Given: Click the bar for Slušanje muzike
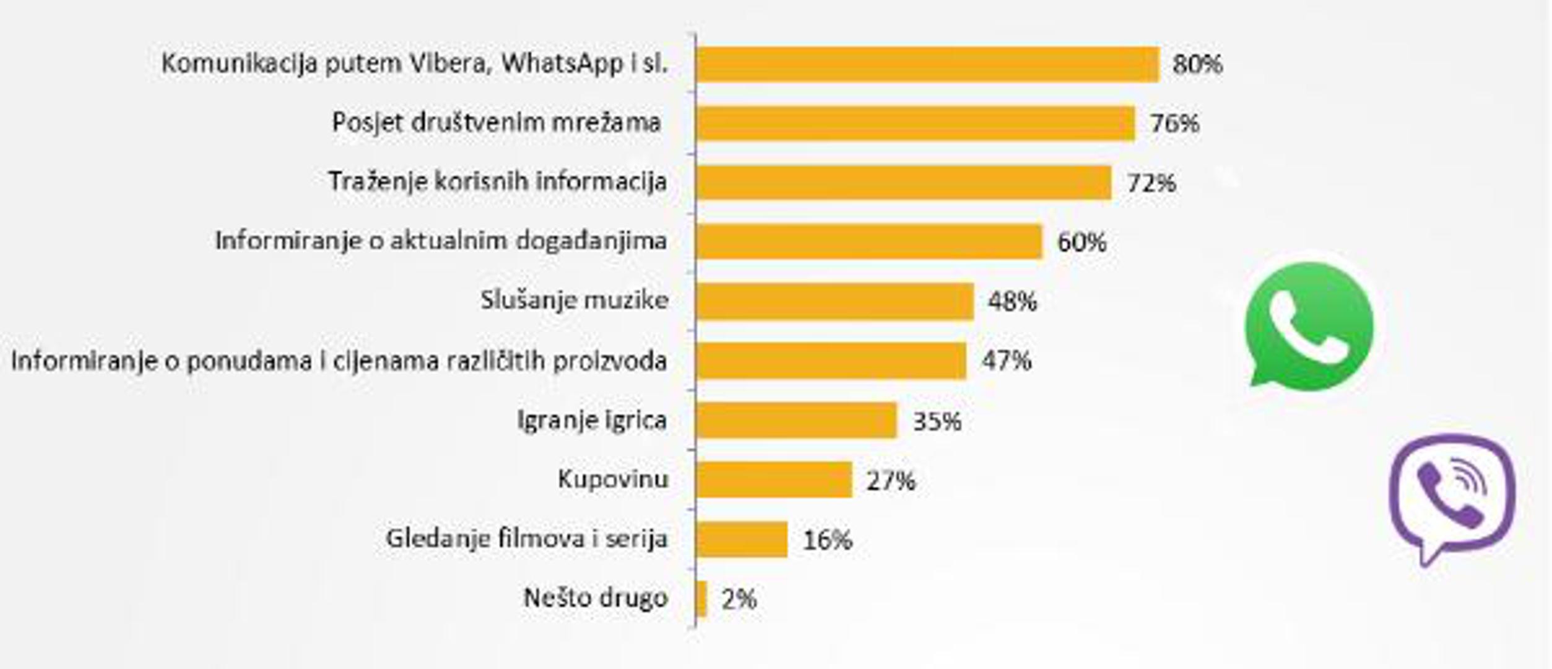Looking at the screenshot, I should (835, 301).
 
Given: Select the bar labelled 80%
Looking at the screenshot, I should (927, 64).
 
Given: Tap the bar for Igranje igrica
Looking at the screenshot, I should (796, 420).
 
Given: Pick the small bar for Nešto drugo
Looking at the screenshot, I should (701, 598).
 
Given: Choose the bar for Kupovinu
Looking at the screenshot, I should (774, 479).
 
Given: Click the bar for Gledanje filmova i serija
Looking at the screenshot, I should (742, 539).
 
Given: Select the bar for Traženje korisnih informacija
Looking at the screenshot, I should (903, 183).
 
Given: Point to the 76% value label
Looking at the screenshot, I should (1174, 123).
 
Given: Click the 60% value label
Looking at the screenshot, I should (1081, 242).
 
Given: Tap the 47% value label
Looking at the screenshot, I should (1006, 361).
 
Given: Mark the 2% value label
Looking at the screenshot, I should (739, 599).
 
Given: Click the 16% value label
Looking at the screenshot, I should (826, 540).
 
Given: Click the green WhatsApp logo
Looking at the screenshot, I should (1309, 327).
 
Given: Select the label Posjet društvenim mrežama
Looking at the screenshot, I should (496, 123).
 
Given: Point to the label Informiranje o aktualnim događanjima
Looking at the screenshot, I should (441, 240).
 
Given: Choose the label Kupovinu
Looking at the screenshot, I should (612, 479).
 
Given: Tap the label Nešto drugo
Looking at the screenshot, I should (596, 598).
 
